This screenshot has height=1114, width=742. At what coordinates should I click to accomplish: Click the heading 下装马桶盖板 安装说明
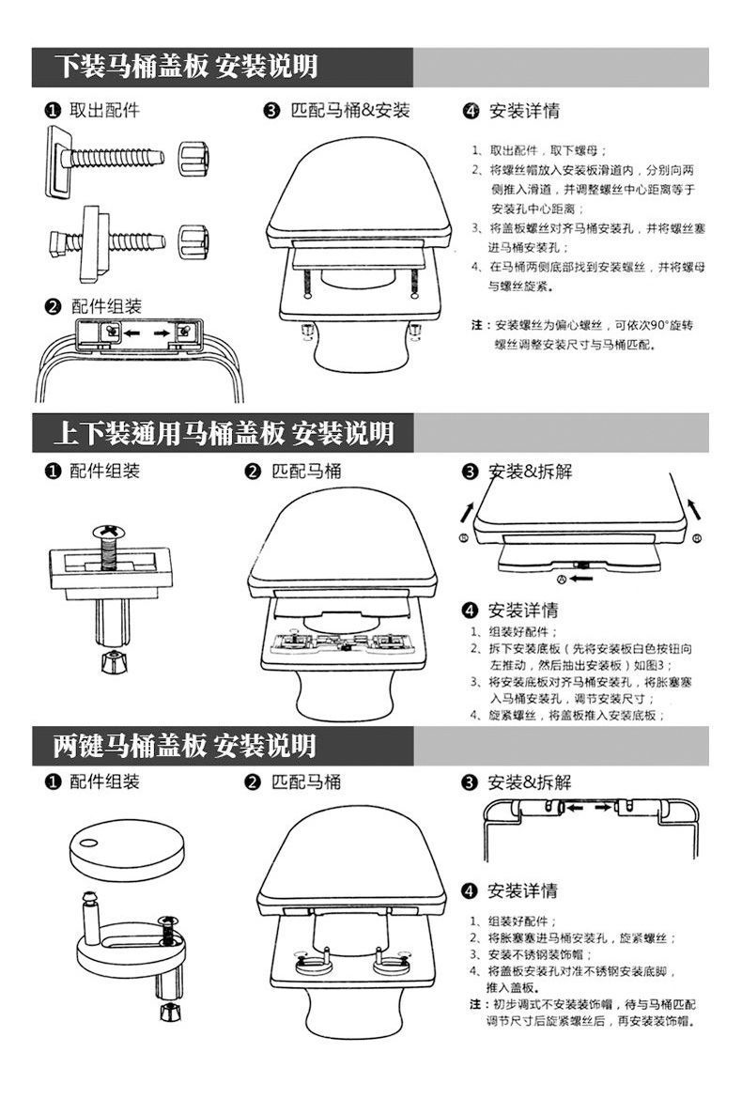click(x=187, y=67)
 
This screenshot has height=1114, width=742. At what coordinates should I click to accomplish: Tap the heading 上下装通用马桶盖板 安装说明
click(x=224, y=433)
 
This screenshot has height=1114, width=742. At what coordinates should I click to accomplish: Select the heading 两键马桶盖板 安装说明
click(x=185, y=746)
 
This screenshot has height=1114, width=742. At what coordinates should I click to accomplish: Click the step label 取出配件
click(x=104, y=110)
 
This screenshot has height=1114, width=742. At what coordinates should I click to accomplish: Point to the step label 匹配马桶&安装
click(x=350, y=110)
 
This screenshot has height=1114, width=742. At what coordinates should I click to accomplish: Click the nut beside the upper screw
click(x=193, y=157)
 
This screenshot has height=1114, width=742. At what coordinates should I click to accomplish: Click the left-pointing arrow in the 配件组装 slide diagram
click(x=130, y=332)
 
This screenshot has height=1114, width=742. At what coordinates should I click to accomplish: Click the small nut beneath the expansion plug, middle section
click(x=113, y=662)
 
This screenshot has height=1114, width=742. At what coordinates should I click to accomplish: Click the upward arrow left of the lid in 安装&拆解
click(x=468, y=511)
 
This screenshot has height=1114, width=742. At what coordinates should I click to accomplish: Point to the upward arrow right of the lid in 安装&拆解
click(x=694, y=508)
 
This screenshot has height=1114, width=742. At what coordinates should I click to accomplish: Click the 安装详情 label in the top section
click(x=524, y=111)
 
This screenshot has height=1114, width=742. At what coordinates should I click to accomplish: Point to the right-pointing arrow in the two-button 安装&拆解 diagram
click(x=603, y=807)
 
